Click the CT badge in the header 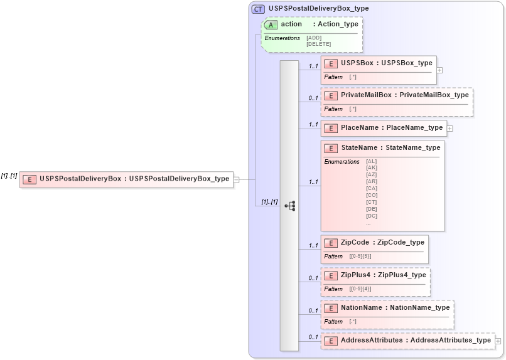258,9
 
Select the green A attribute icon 271,24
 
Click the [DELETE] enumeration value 318,44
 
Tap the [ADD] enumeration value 314,38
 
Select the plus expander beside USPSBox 439,70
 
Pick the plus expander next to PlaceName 449,128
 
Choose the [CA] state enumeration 371,188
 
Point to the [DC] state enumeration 371,216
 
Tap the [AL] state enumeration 371,161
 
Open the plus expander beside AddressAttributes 498,341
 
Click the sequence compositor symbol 290,206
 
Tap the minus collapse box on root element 236,179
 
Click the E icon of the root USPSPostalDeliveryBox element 29,179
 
